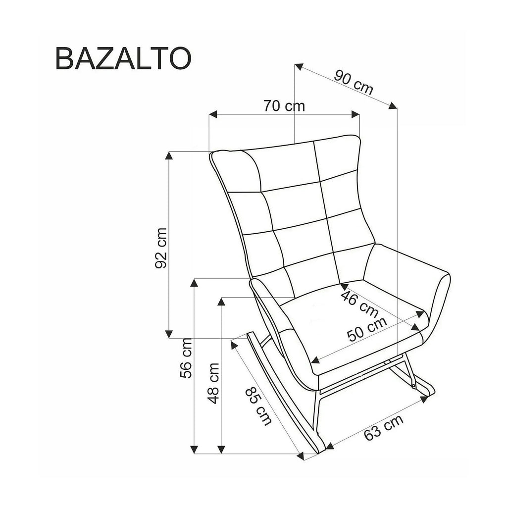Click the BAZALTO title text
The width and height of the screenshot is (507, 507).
coord(124,58)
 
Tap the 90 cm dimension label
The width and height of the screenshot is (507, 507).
coord(354,83)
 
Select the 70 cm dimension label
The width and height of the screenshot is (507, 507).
coord(284,106)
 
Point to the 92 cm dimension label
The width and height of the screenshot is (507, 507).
coord(161,248)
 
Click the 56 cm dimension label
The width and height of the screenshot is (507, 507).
coord(186,358)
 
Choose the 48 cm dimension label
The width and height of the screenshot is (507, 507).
coord(213,383)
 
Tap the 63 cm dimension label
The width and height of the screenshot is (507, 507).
coord(384,427)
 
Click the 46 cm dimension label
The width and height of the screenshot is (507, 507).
coord(359,304)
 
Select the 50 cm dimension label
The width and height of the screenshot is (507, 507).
coord(367,329)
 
